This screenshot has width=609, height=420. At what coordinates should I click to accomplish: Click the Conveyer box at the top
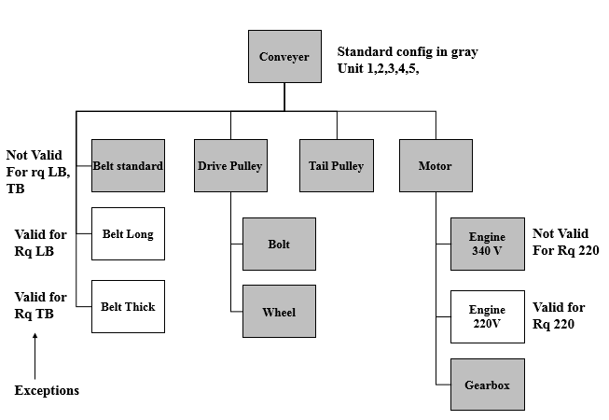[x=284, y=56]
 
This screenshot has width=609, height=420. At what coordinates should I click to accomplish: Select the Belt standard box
[x=129, y=166]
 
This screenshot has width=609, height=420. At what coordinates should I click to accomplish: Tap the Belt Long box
[x=129, y=233]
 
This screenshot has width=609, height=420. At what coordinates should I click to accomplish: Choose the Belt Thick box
[x=129, y=306]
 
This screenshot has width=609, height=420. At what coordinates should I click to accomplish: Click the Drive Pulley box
[x=230, y=166]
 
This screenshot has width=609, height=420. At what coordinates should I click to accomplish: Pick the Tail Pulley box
[x=336, y=166]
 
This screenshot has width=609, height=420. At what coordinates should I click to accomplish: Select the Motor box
[x=436, y=166]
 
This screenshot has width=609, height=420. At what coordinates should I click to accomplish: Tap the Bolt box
[x=279, y=244]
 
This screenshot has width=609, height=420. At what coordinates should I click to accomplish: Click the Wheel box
[x=279, y=312]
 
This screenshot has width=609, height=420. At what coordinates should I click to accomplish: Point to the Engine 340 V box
[x=487, y=244]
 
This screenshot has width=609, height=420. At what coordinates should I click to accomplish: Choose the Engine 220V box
[x=487, y=316]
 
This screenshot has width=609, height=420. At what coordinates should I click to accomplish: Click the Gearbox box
[x=487, y=385]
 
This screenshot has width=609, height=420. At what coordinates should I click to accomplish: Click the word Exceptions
[x=47, y=390]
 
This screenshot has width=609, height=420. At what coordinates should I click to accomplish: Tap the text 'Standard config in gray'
[x=408, y=52]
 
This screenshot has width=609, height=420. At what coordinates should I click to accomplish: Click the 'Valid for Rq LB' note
[x=40, y=242]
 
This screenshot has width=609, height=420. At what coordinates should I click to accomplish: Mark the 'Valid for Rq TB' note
[x=40, y=305]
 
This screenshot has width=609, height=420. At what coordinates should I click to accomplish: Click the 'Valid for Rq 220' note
[x=559, y=315]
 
